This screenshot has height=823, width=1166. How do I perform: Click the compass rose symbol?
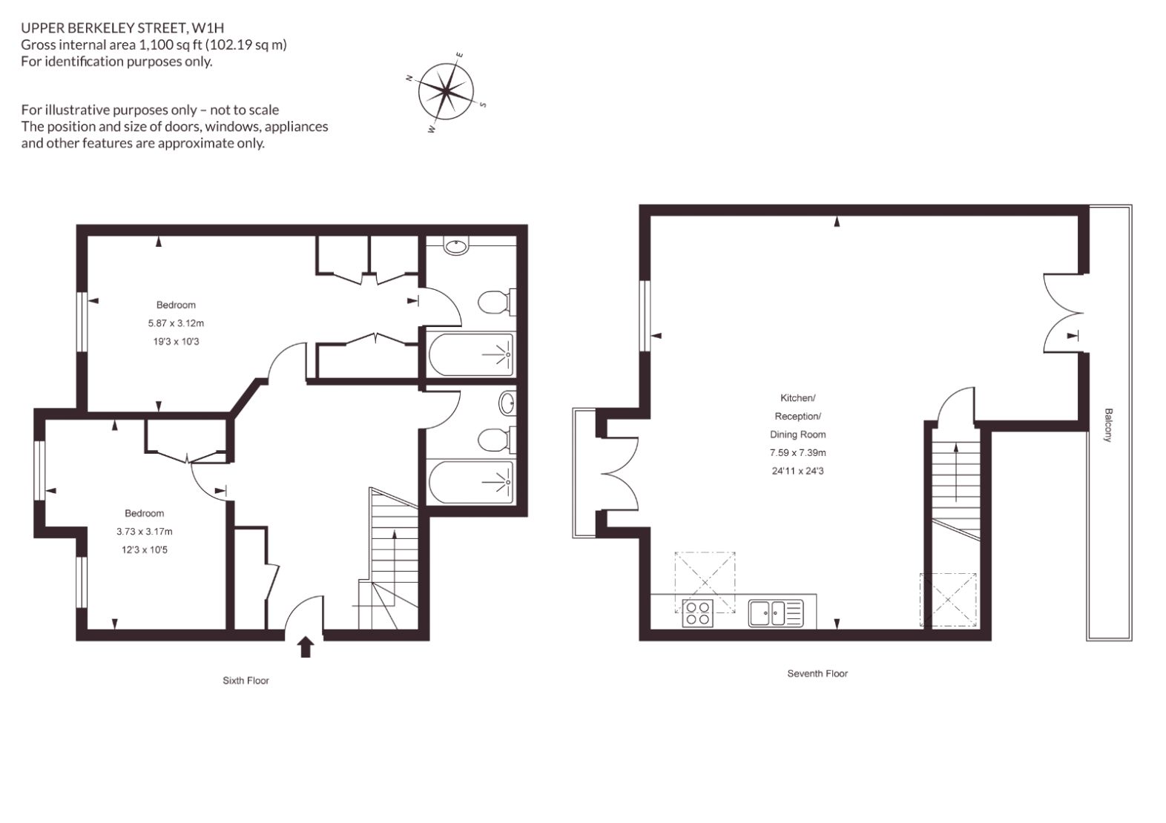(446, 91)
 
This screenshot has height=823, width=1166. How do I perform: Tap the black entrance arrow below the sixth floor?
(306, 647)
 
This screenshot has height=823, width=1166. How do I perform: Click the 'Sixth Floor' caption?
(246, 681)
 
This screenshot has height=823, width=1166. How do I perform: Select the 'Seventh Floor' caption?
(817, 673)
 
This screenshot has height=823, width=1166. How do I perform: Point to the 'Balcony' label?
(1108, 425)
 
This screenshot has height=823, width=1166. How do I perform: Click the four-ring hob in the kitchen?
(698, 613)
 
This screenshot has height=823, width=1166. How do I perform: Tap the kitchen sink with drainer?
(776, 613)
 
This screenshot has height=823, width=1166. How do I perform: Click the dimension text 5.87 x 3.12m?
(176, 323)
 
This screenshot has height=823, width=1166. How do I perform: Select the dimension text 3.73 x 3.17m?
(144, 531)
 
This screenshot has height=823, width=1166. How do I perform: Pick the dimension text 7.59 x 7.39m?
(797, 452)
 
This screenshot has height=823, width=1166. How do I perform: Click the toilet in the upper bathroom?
(497, 303)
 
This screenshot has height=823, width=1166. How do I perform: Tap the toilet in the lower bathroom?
(497, 440)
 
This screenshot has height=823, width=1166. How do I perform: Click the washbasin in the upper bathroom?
(456, 245)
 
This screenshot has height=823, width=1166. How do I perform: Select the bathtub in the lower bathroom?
(471, 482)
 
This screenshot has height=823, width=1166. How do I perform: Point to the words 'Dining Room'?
(797, 434)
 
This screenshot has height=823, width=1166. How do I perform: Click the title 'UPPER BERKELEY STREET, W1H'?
(122, 27)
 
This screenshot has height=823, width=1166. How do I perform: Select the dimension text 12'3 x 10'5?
(144, 550)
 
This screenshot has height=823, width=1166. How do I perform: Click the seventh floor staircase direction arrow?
(955, 472)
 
